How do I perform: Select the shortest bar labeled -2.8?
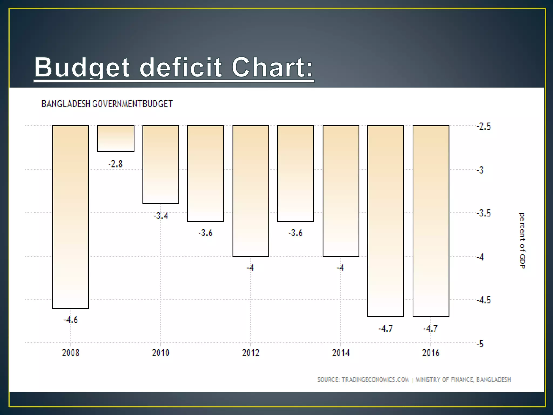[116, 138]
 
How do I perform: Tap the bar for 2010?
[161, 164]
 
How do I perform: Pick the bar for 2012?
[251, 191]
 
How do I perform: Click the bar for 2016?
[431, 221]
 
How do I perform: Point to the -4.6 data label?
[70, 320]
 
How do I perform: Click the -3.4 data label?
[161, 216]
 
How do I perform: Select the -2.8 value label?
[116, 164]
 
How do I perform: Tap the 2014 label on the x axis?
[340, 353]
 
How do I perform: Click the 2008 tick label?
[70, 353]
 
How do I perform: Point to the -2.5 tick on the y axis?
[484, 126]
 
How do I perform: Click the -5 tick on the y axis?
[480, 344]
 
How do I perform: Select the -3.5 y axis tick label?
[484, 213]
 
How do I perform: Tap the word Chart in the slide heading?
[272, 68]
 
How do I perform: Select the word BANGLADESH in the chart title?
[66, 104]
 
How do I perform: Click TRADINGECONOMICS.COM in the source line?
[375, 380]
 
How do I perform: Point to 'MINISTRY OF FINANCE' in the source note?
[444, 380]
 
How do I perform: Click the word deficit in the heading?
[181, 68]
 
